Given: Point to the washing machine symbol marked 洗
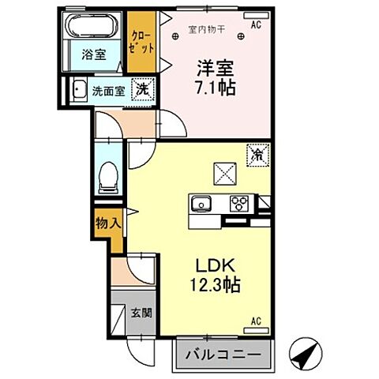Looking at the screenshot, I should pos(142,90).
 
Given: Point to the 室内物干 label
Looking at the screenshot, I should pos(207,30).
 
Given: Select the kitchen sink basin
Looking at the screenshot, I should pos(201,205).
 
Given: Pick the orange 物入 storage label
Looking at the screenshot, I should pos(108,223).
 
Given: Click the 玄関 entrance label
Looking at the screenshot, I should pos(143,311).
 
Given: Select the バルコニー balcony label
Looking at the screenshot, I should pos(223,355).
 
